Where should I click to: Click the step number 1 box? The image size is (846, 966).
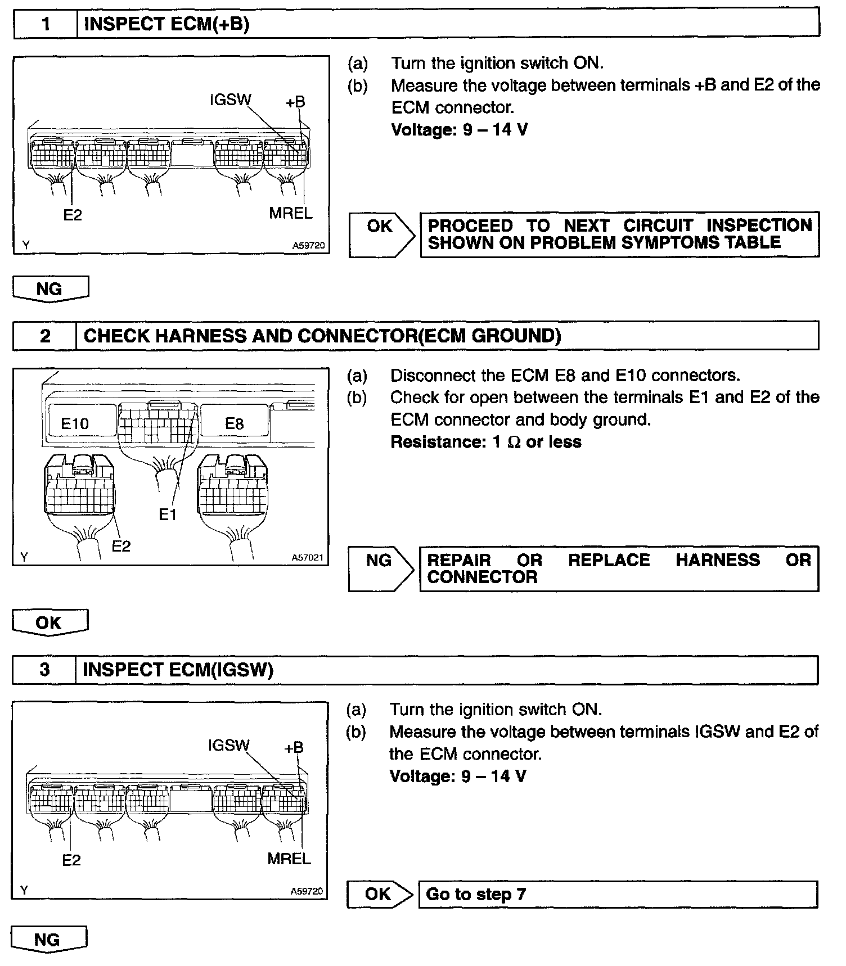point(46,24)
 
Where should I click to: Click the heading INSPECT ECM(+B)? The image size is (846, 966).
point(166,24)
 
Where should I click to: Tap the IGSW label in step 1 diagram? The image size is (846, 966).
point(230,100)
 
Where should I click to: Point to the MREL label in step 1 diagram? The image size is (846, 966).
point(290,213)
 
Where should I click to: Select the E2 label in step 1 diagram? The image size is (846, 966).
point(73,215)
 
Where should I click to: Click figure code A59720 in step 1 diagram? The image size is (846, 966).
point(308,246)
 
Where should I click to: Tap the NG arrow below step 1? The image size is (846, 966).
point(50,289)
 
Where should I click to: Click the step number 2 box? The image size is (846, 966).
point(45,336)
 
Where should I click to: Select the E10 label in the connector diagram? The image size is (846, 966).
point(75,423)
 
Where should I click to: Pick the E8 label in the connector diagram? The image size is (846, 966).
point(234,423)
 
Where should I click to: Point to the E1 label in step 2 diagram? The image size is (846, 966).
point(168,514)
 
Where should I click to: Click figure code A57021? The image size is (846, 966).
point(307,558)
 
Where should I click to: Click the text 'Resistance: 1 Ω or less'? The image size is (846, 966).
point(486,442)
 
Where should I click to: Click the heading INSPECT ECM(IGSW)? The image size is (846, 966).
point(178,670)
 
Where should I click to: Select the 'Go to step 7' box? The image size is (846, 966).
point(617,894)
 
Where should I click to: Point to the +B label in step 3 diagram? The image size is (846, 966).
point(294,747)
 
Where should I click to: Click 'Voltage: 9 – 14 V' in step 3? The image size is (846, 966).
point(458,777)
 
